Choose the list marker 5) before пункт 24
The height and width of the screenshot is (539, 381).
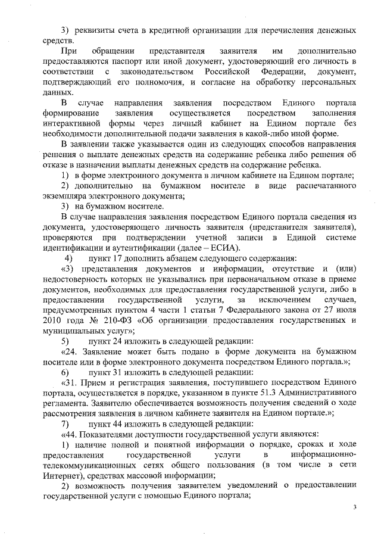pos(67,341)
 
